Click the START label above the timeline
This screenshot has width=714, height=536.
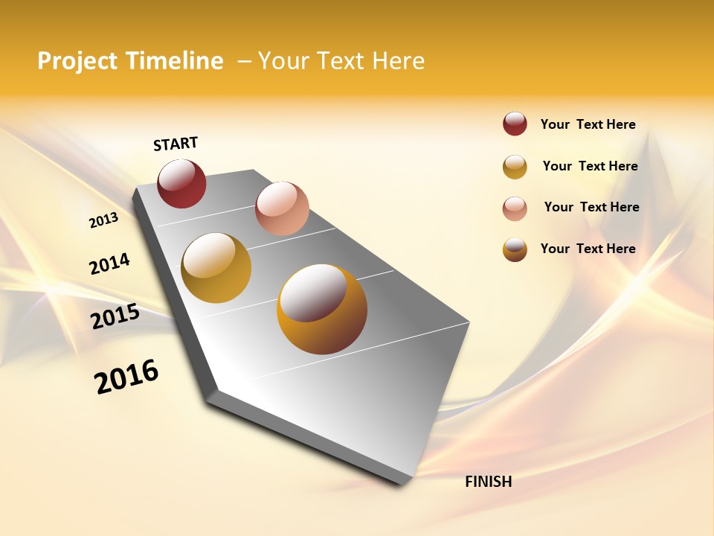[x=176, y=144]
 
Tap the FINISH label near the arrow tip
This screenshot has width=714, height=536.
[x=489, y=482]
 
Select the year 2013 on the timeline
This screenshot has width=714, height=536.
[x=103, y=220]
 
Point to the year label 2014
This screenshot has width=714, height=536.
[x=109, y=264]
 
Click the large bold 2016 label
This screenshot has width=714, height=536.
[x=126, y=377]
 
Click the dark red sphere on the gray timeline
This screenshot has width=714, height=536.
[x=181, y=183]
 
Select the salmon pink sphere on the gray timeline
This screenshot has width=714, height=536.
[x=282, y=208]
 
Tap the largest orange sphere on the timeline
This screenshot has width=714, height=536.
[x=322, y=309]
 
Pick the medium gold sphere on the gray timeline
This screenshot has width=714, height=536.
[x=216, y=268]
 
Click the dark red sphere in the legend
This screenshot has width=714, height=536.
[x=515, y=124]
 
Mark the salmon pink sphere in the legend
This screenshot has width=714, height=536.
[x=515, y=208]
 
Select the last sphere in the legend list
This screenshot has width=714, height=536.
[x=515, y=249]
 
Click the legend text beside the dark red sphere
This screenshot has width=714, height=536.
[x=588, y=124]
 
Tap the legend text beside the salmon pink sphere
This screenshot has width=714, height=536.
[x=591, y=207]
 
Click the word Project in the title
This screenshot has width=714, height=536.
[x=77, y=61]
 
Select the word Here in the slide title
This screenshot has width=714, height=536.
[x=398, y=61]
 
